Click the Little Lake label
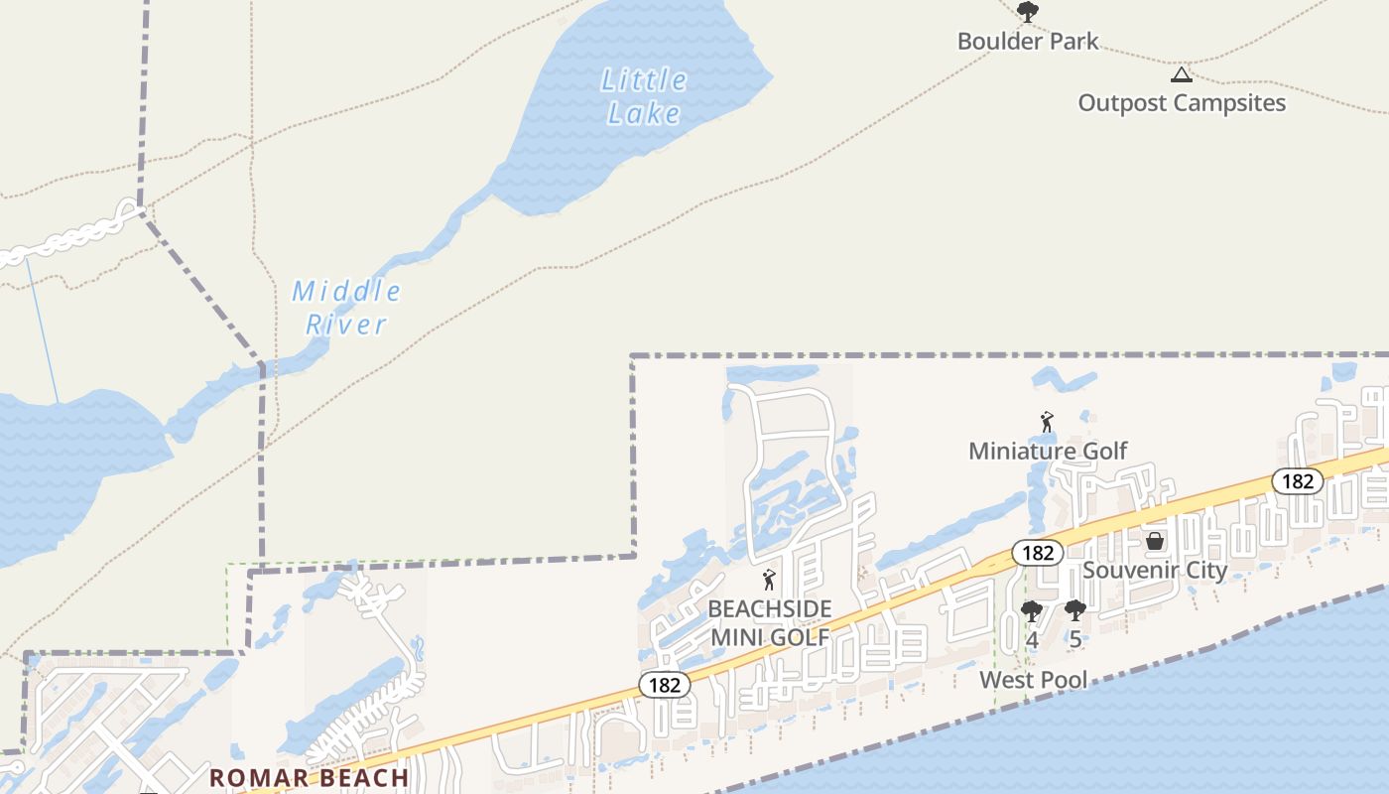point(643,96)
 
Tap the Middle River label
point(346,308)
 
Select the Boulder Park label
point(1028,42)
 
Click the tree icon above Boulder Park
point(1028,12)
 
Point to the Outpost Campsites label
point(1182,103)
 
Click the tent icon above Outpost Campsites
point(1181,74)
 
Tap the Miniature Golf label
point(1048,452)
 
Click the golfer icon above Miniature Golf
point(1047,423)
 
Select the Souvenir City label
point(1155,571)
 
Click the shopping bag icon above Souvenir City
point(1155,541)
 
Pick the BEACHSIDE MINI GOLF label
point(770,623)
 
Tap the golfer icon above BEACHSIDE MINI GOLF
point(769,580)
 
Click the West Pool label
point(1034,680)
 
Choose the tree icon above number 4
point(1032,611)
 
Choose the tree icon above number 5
point(1075,611)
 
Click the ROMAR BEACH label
point(310,778)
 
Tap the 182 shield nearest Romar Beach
point(664,685)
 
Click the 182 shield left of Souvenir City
point(1037,553)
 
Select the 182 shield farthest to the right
point(1297,481)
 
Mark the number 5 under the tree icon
point(1075,640)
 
